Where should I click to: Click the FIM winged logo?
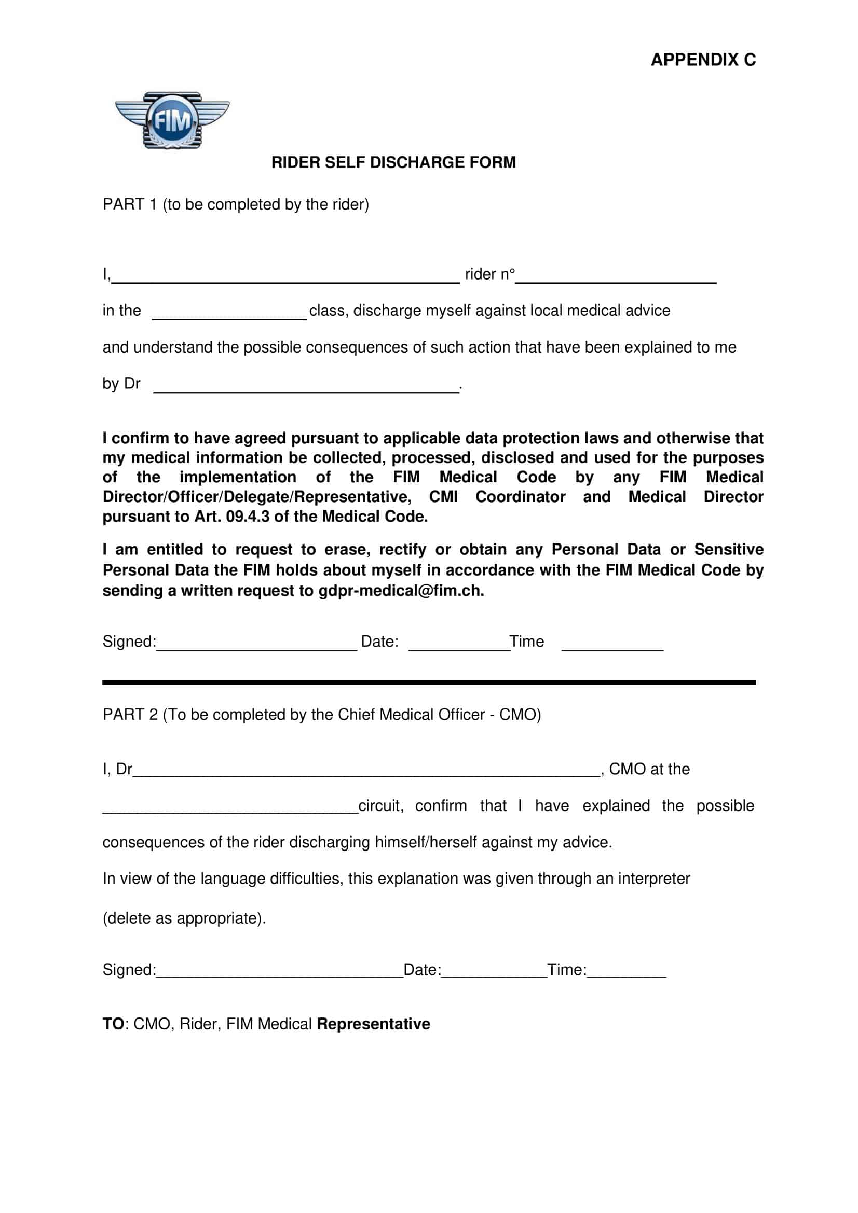pyautogui.click(x=172, y=120)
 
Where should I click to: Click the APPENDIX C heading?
pyautogui.click(x=703, y=60)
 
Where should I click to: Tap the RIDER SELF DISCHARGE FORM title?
pyautogui.click(x=393, y=162)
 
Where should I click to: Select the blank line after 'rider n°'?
pyautogui.click(x=616, y=280)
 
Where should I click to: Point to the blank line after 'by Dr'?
pyautogui.click(x=306, y=389)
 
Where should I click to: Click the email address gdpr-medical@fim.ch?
pyautogui.click(x=400, y=591)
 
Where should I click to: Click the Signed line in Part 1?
pyautogui.click(x=256, y=647)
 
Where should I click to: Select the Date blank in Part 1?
pyautogui.click(x=459, y=647)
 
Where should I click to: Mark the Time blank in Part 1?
pyautogui.click(x=612, y=647)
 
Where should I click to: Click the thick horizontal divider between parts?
pyautogui.click(x=429, y=682)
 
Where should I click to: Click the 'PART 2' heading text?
pyautogui.click(x=130, y=715)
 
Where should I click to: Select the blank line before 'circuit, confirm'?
pyautogui.click(x=230, y=810)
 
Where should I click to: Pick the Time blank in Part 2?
pyautogui.click(x=627, y=974)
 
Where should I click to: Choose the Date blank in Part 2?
pyautogui.click(x=494, y=974)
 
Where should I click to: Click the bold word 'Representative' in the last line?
pyautogui.click(x=373, y=1024)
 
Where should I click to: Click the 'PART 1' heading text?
pyautogui.click(x=130, y=204)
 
